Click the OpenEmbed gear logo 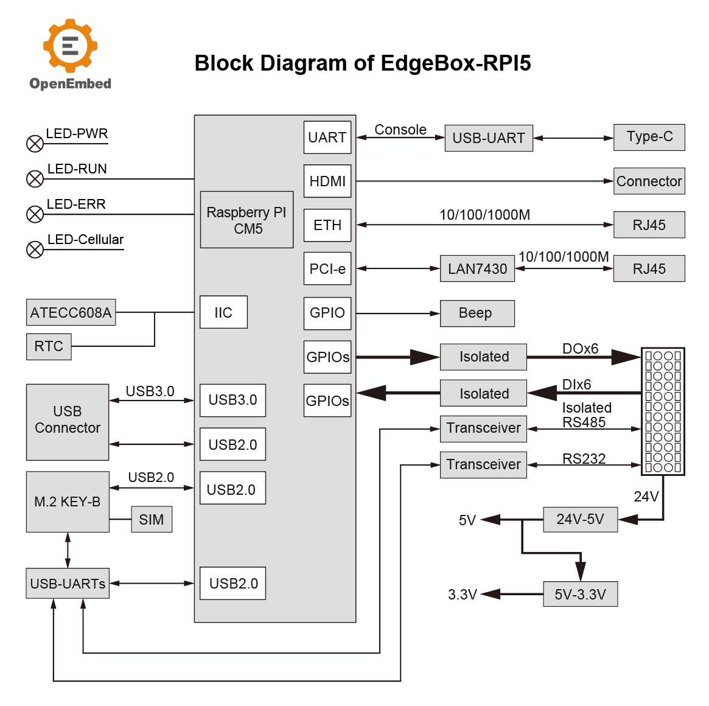(x=70, y=46)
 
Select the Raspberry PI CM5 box (x=246, y=220)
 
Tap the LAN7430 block (x=477, y=268)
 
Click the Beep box (x=477, y=313)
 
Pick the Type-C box (x=649, y=137)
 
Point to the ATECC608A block (x=71, y=312)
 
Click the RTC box (x=49, y=346)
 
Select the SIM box (x=152, y=520)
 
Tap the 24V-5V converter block (x=580, y=519)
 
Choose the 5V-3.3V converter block (x=580, y=594)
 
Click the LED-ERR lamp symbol (x=35, y=214)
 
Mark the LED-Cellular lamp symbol (x=35, y=250)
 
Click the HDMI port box (x=327, y=181)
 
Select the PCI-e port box (x=327, y=268)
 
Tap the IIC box (x=223, y=312)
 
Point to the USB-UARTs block (x=68, y=584)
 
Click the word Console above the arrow (x=400, y=130)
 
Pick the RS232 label (x=584, y=458)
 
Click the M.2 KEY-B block (x=68, y=502)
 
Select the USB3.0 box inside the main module (x=232, y=400)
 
